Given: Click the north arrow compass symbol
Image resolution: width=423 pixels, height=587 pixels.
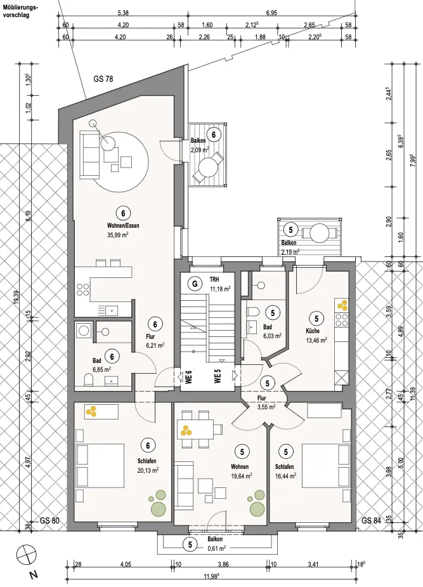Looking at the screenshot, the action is (x=25, y=553).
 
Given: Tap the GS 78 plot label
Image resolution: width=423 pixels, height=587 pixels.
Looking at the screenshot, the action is (x=103, y=79).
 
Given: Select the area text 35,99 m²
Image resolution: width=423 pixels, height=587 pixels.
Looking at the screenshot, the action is (x=118, y=235).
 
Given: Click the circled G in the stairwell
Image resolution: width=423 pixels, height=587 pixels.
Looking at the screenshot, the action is (x=195, y=284).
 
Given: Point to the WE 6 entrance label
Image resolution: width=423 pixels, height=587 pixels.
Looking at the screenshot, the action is (x=189, y=376).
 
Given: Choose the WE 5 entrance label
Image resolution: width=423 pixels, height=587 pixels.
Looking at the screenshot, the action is (x=218, y=376).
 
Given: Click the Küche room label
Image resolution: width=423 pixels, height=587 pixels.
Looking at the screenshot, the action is (x=313, y=331).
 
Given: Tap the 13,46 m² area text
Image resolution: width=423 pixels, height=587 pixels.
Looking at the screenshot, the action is (x=316, y=340).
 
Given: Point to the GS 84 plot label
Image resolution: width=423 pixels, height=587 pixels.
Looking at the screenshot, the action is (x=372, y=520).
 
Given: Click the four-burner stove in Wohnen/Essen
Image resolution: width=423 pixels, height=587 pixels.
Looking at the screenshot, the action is (x=83, y=288).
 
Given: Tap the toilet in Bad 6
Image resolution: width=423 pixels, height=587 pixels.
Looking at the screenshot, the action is (x=89, y=381).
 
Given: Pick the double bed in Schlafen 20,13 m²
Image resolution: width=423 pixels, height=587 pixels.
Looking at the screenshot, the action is (x=101, y=466).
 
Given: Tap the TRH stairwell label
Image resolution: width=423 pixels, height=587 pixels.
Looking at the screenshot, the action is (x=215, y=279).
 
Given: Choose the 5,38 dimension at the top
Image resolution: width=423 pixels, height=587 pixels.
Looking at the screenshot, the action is (x=123, y=13).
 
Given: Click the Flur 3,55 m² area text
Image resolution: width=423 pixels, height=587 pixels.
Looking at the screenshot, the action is (x=266, y=407).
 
